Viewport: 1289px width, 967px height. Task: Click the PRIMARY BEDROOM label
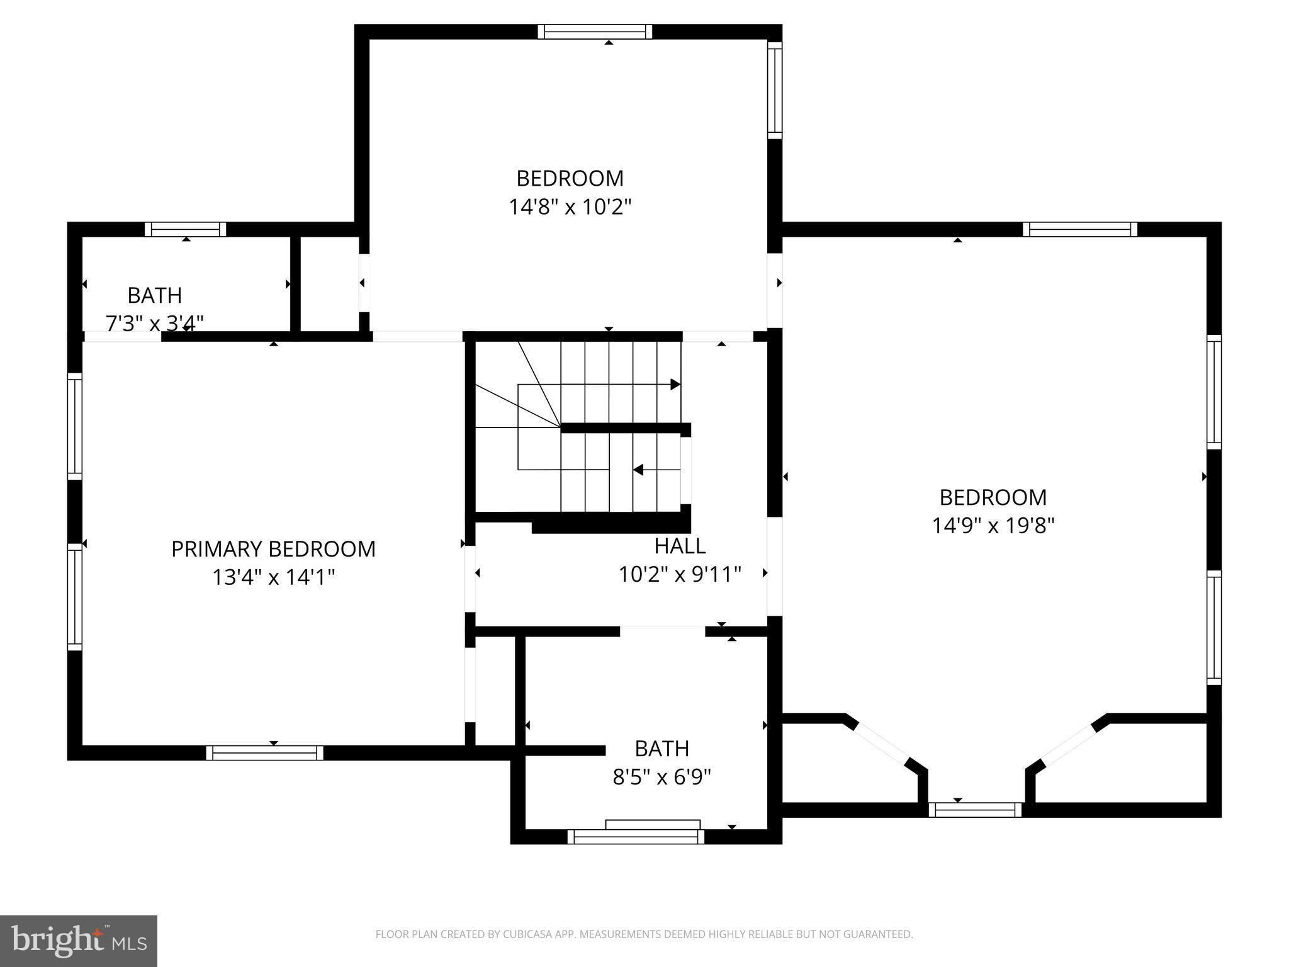tap(273, 549)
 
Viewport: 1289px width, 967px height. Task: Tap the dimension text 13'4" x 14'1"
tap(273, 577)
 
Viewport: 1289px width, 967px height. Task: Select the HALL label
tap(680, 546)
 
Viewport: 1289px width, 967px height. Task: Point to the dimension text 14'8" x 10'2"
tap(570, 207)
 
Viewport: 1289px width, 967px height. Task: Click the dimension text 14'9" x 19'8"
tap(993, 526)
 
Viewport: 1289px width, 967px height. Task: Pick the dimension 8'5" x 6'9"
tap(661, 778)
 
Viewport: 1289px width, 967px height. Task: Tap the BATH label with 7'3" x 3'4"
tap(155, 295)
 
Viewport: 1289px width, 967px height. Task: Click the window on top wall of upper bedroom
tap(595, 31)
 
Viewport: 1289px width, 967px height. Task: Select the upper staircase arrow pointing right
tap(675, 384)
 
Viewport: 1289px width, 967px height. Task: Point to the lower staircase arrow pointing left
tap(638, 470)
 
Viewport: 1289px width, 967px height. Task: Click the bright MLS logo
tap(79, 941)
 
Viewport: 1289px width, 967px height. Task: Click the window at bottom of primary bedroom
tap(264, 753)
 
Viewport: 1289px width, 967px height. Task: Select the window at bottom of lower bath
tap(636, 837)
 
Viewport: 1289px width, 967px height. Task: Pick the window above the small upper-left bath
tap(185, 229)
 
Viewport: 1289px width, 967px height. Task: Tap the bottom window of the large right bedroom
tap(975, 810)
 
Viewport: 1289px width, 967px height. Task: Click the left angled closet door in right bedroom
tap(881, 744)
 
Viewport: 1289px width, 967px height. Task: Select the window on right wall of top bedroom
tap(775, 90)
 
